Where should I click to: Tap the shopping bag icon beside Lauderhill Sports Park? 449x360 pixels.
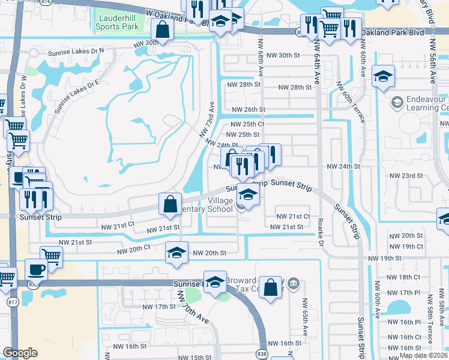click(x=163, y=28)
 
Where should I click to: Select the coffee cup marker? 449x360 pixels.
click(x=36, y=269)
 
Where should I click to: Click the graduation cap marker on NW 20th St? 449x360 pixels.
click(x=176, y=252)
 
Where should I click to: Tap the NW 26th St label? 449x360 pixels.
click(x=248, y=109)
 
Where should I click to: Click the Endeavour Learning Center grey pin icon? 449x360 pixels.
click(x=396, y=103)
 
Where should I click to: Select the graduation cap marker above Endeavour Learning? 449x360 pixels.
click(x=384, y=76)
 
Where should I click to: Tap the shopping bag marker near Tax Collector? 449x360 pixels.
click(x=271, y=287)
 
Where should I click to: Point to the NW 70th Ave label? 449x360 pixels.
click(x=193, y=307)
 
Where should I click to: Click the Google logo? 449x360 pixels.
click(x=20, y=353)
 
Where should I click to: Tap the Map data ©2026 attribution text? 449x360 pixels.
click(x=424, y=355)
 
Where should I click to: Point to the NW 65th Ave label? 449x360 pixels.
click(x=305, y=317)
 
